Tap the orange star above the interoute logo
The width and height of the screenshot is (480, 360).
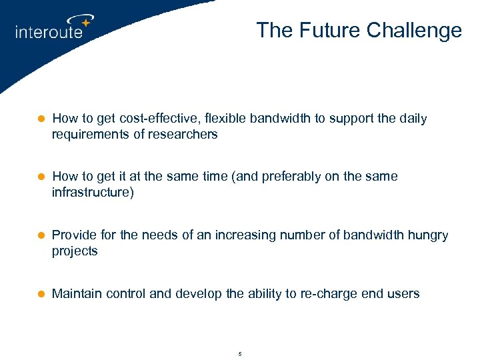(x=85, y=23)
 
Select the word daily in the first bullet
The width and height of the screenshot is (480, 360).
(x=413, y=119)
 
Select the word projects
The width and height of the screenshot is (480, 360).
(x=75, y=251)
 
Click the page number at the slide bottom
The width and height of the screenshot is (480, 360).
(x=240, y=353)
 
